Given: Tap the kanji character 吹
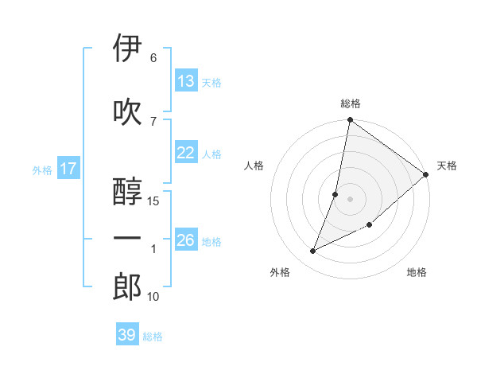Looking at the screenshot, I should point(127,111).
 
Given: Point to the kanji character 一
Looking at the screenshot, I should point(127,239).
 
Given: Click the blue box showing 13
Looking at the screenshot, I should point(186,81).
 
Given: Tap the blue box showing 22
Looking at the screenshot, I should point(186,154).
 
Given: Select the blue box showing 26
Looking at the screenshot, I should point(186,241).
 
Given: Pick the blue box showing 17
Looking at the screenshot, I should point(68,169).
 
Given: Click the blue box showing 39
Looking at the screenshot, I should point(127,335).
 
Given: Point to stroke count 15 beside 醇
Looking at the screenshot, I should point(153,201).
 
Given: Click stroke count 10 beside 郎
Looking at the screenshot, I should point(153,297).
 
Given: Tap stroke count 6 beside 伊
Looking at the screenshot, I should point(153,58).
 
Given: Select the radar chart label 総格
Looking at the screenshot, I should point(351,103).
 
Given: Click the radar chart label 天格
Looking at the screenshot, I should point(447,166).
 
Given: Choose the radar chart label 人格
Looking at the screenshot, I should point(254,166).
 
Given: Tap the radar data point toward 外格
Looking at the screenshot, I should point(313,251).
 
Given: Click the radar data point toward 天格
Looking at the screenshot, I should point(426,174).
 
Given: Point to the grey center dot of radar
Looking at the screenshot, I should point(351,199).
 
